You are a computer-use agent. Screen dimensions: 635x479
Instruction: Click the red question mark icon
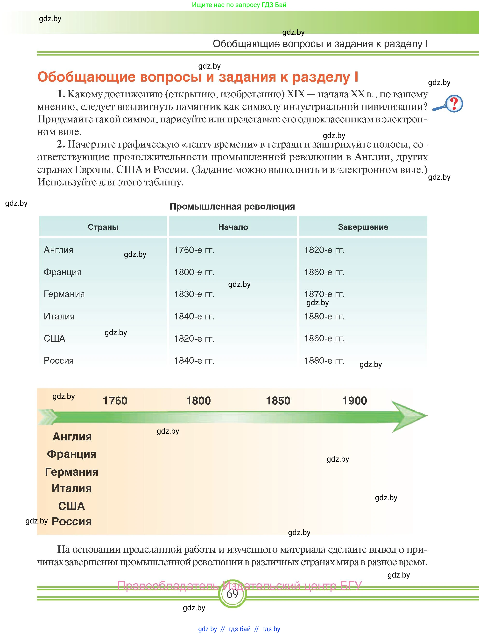pyautogui.click(x=454, y=104)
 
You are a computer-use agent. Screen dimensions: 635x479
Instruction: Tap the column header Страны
pyautogui.click(x=103, y=227)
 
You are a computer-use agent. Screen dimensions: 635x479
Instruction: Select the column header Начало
pyautogui.click(x=233, y=227)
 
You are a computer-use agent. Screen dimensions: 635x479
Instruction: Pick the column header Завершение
pyautogui.click(x=363, y=227)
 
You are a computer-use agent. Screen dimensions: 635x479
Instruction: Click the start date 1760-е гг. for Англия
pyautogui.click(x=194, y=250)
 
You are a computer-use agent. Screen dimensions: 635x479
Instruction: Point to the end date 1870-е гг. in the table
pyautogui.click(x=324, y=294)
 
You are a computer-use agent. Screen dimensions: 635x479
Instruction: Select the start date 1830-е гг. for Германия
pyautogui.click(x=194, y=294)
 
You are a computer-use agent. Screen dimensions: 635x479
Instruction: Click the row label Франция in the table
pyautogui.click(x=63, y=272)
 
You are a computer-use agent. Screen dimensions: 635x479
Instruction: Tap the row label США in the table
pyautogui.click(x=55, y=339)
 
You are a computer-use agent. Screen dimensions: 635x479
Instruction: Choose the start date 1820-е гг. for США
pyautogui.click(x=194, y=339)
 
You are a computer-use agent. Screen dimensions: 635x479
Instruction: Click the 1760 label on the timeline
pyautogui.click(x=115, y=401)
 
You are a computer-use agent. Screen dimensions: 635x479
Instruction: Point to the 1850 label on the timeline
pyautogui.click(x=278, y=401)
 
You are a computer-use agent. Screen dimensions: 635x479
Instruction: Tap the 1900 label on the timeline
pyautogui.click(x=354, y=401)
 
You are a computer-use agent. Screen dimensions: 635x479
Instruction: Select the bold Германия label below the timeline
pyautogui.click(x=72, y=472)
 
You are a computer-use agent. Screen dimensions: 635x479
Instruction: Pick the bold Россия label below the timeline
pyautogui.click(x=72, y=522)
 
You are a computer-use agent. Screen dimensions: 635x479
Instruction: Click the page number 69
pyautogui.click(x=232, y=594)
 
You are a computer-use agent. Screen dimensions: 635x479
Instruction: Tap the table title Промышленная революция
pyautogui.click(x=232, y=206)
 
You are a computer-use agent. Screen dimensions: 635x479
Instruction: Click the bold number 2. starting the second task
pyautogui.click(x=61, y=144)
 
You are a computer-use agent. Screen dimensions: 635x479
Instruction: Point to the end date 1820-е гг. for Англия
pyautogui.click(x=324, y=250)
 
